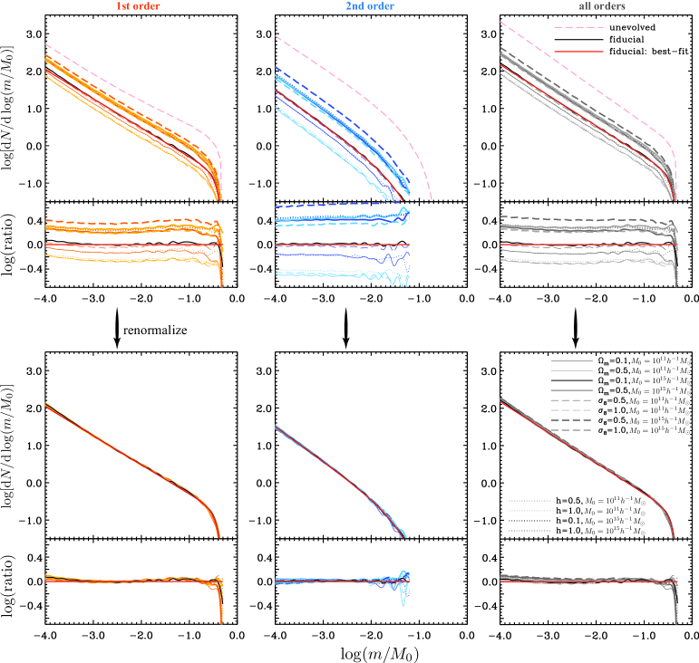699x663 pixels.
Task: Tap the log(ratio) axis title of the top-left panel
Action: (x=14, y=246)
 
